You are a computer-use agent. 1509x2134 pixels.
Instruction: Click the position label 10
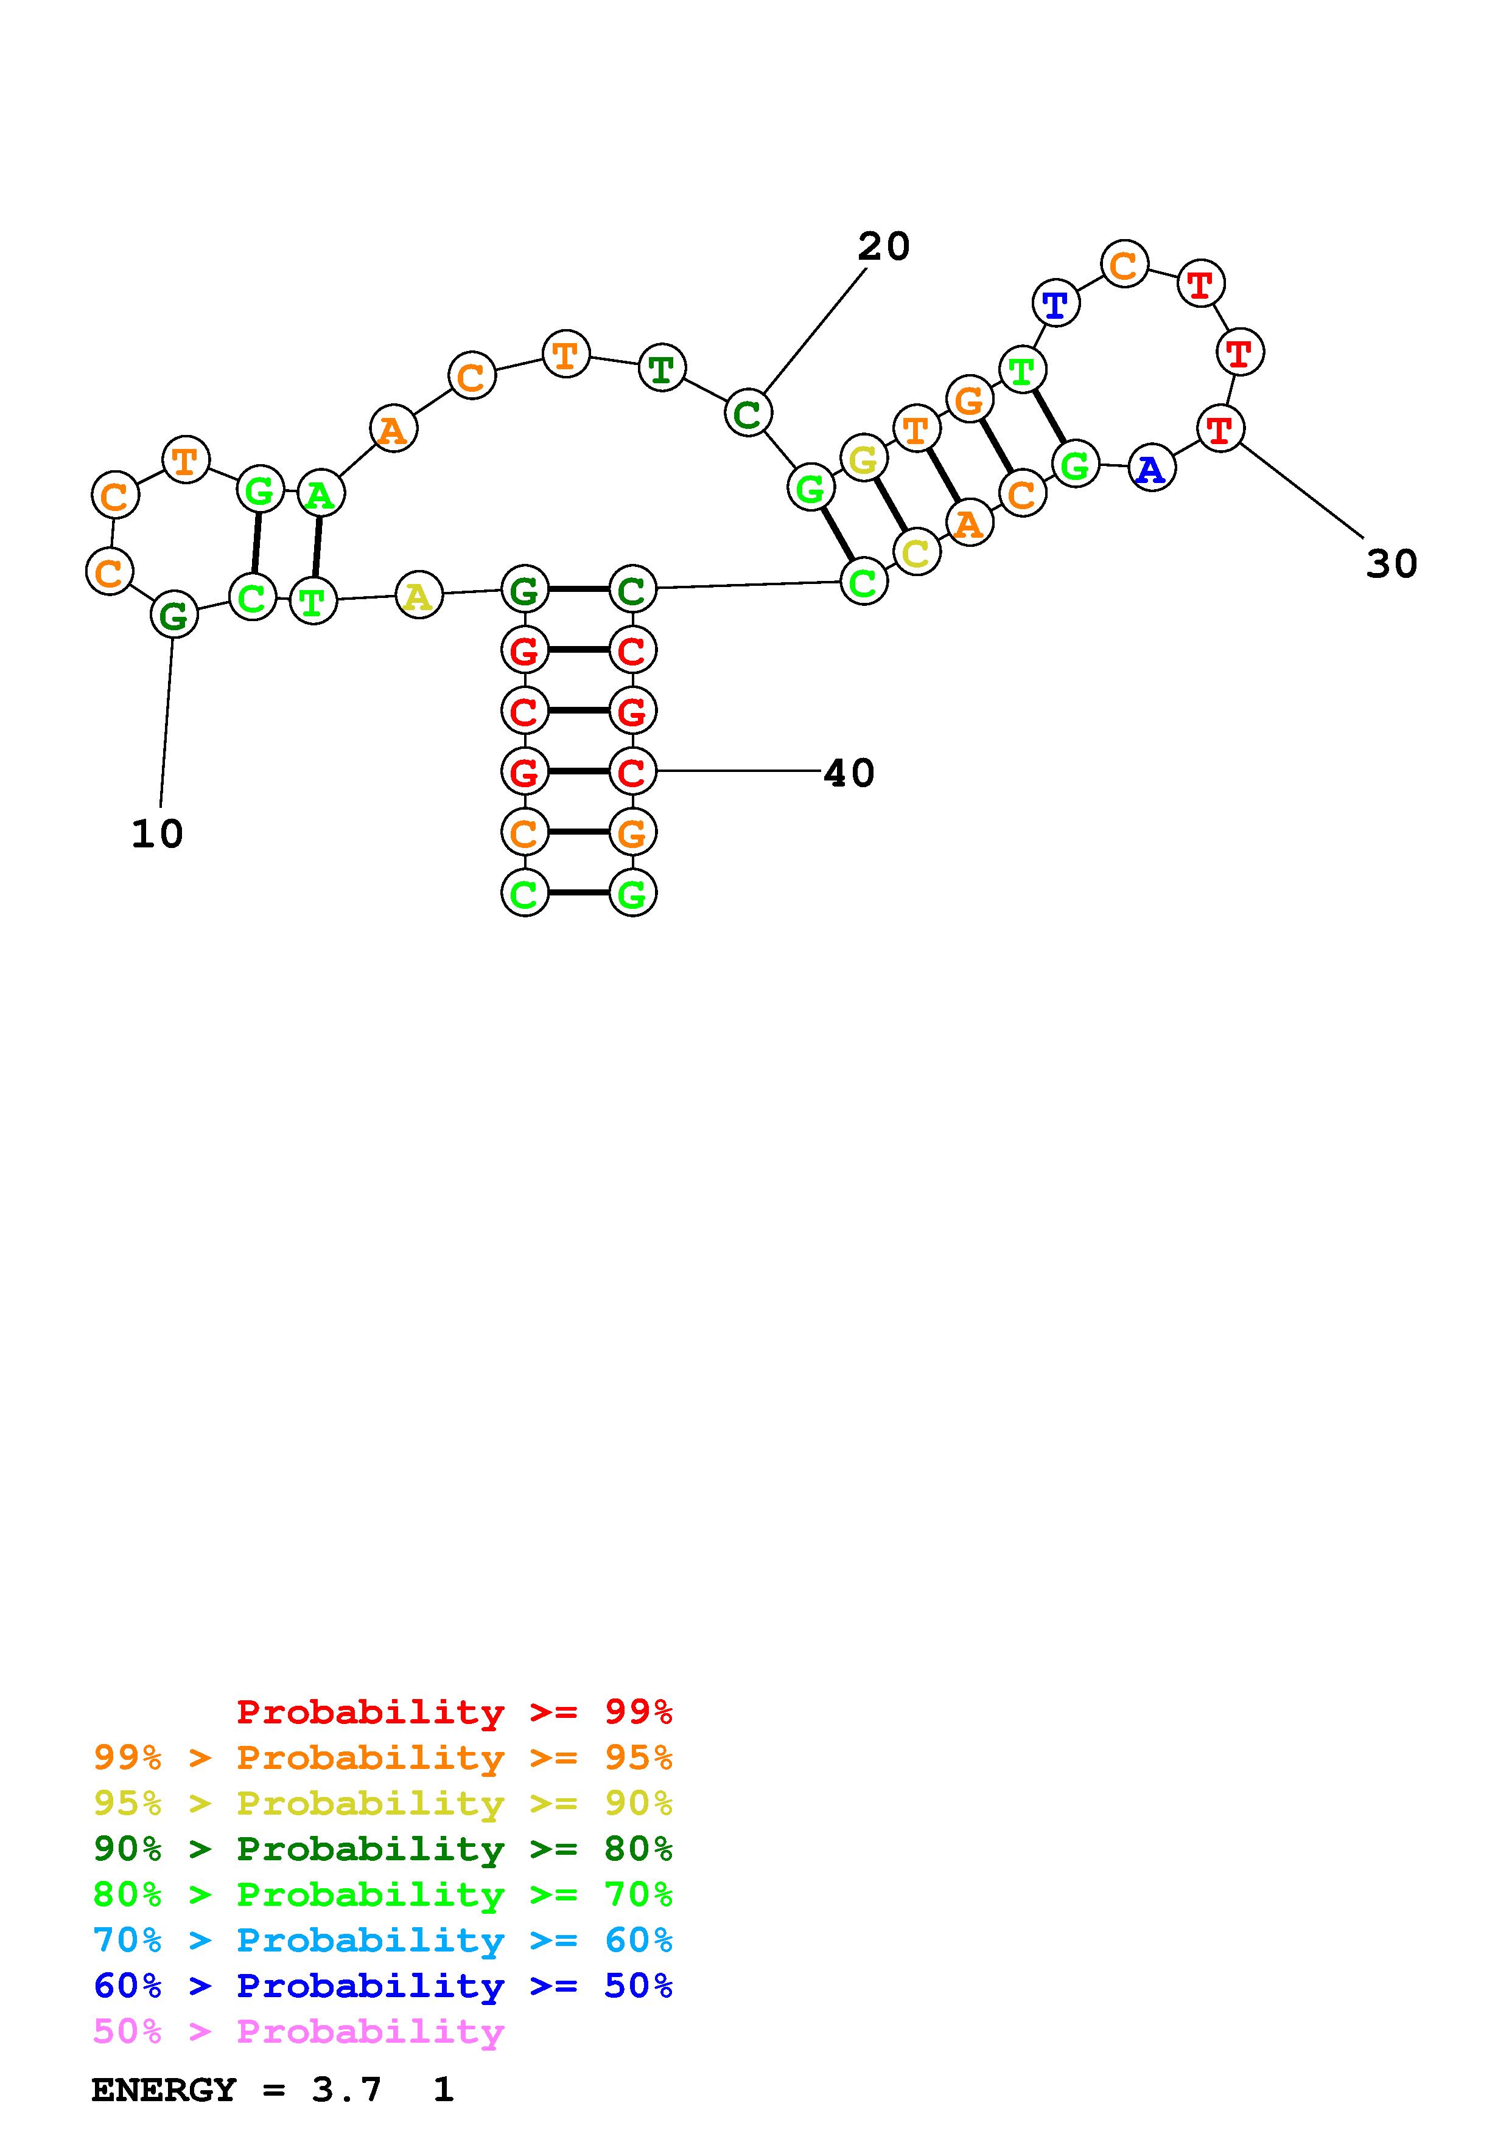(x=157, y=834)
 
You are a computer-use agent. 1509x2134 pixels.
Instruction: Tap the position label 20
(x=883, y=246)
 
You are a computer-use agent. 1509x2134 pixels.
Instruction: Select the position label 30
(x=1391, y=563)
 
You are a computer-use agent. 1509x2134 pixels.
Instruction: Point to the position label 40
(x=849, y=773)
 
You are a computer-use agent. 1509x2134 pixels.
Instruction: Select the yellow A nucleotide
(x=418, y=595)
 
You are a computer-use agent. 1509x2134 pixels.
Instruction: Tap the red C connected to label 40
(x=632, y=771)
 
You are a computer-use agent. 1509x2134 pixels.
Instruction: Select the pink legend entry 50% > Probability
(x=298, y=2032)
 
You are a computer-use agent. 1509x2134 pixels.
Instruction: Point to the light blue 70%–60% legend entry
(x=382, y=1940)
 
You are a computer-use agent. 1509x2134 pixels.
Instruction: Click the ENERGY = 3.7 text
(x=236, y=2090)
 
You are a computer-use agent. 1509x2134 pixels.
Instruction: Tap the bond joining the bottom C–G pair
(x=578, y=893)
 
